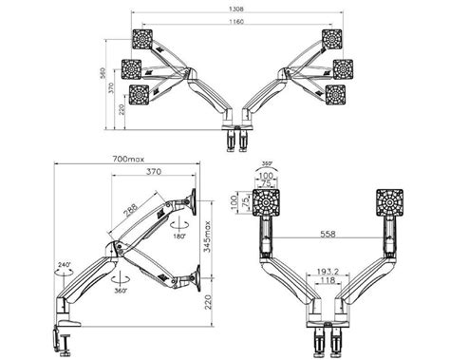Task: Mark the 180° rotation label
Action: pos(179,237)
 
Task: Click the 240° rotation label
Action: pos(63,267)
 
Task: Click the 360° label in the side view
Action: pos(122,291)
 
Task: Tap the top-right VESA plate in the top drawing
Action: pos(331,39)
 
